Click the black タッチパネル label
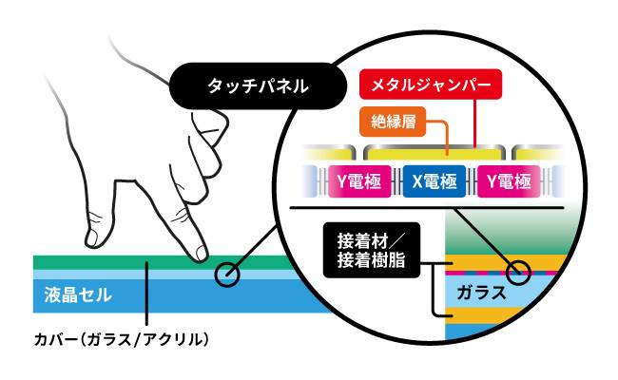click(x=258, y=85)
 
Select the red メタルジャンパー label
click(x=431, y=85)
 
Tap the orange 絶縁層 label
click(x=393, y=122)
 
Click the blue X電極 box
click(x=434, y=181)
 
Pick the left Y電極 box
click(x=359, y=181)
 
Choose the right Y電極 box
click(x=509, y=181)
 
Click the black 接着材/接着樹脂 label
click(x=372, y=250)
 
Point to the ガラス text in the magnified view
click(x=481, y=293)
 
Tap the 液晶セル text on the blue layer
click(x=78, y=294)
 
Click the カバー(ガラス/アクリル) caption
click(x=121, y=339)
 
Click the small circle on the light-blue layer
click(x=227, y=275)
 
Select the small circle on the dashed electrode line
click(x=518, y=272)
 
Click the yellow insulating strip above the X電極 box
click(x=434, y=152)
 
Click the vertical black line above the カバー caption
click(x=146, y=293)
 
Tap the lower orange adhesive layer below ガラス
click(x=485, y=315)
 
